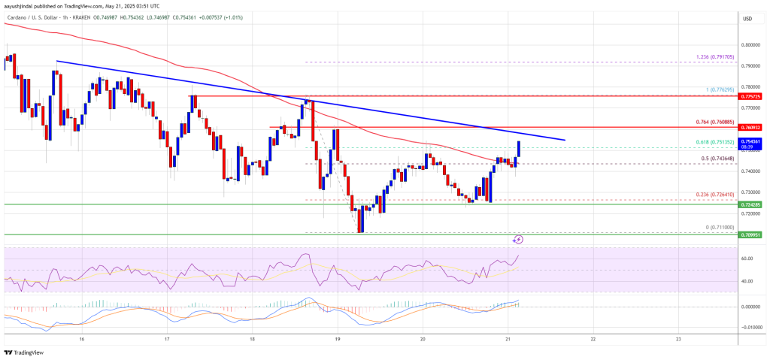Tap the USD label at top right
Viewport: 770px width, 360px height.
click(748, 18)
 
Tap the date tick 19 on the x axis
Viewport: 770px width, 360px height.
click(338, 339)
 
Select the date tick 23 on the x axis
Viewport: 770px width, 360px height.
click(678, 339)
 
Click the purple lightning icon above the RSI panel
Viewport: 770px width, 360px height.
click(518, 240)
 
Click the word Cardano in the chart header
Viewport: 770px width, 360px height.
click(16, 14)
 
